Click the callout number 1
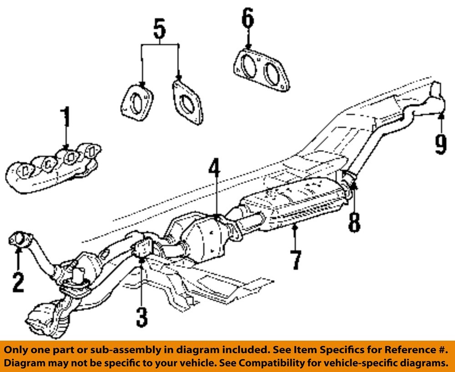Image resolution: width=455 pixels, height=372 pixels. point(66,118)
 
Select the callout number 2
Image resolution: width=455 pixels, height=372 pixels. point(18,282)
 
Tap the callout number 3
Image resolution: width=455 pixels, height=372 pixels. point(142,317)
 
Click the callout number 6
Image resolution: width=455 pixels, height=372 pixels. point(248,19)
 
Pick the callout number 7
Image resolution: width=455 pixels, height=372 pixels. point(296,260)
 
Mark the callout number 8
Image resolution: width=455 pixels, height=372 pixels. point(354,222)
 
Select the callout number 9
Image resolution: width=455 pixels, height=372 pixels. point(440,144)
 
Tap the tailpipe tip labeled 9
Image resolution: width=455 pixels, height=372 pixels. point(437,98)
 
